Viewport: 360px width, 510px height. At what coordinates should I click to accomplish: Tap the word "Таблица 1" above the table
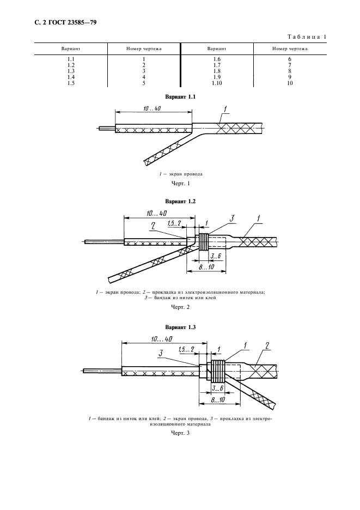click(307, 37)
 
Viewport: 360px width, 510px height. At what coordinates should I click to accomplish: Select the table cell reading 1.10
click(217, 83)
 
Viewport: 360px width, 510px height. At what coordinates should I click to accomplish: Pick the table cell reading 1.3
click(71, 71)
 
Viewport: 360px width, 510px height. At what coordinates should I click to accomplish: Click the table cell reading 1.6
click(217, 59)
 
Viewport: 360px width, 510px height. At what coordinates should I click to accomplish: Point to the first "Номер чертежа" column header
click(144, 49)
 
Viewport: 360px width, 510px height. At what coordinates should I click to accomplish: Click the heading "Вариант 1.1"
click(180, 96)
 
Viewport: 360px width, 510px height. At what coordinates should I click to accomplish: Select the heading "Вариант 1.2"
click(180, 202)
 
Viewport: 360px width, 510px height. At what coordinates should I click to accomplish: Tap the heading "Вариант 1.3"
click(180, 327)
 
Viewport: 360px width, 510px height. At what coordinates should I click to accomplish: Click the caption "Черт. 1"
click(180, 184)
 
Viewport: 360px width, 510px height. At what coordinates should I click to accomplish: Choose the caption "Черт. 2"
click(180, 307)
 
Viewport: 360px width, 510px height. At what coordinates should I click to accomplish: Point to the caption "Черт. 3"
click(180, 433)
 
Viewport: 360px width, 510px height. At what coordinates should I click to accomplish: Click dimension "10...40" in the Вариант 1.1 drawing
click(152, 108)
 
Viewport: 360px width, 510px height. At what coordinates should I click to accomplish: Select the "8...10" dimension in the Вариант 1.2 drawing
click(206, 266)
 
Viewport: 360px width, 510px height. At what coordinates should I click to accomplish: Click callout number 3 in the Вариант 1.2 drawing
click(232, 218)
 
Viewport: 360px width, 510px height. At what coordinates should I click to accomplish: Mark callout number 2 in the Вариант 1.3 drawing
click(267, 345)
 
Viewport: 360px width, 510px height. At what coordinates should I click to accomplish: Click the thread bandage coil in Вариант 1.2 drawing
click(203, 242)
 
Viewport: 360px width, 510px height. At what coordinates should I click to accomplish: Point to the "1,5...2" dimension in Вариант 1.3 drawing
click(186, 350)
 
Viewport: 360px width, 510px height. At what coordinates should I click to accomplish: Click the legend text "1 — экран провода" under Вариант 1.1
click(180, 174)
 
